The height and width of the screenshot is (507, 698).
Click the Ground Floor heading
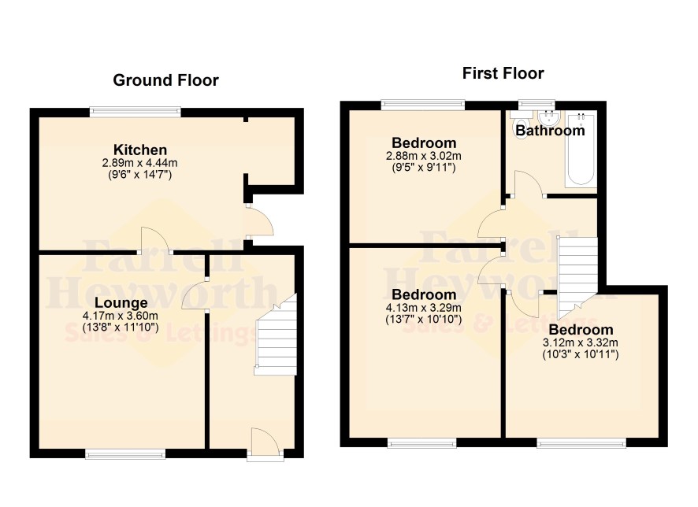pyautogui.click(x=165, y=80)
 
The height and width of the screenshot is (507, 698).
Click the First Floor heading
pyautogui.click(x=503, y=73)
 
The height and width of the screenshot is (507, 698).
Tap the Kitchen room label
pyautogui.click(x=139, y=150)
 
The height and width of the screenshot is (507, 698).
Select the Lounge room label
pyautogui.click(x=121, y=303)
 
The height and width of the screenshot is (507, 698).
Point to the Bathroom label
pyautogui.click(x=550, y=131)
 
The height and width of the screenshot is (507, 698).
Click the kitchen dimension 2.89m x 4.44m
pyautogui.click(x=139, y=163)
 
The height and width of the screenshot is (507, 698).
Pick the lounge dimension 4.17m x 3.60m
pyautogui.click(x=121, y=316)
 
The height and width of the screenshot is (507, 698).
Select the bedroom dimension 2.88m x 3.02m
pyautogui.click(x=424, y=156)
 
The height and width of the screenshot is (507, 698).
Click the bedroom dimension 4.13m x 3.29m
pyautogui.click(x=424, y=308)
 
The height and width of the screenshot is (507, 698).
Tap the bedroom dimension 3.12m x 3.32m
pyautogui.click(x=581, y=342)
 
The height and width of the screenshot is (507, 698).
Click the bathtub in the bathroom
pyautogui.click(x=580, y=149)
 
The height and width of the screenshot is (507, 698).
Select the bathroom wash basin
pyautogui.click(x=548, y=118)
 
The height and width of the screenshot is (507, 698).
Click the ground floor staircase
pyautogui.click(x=276, y=335)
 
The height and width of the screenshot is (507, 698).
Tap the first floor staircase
pyautogui.click(x=577, y=276)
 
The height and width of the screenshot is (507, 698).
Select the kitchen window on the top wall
pyautogui.click(x=136, y=112)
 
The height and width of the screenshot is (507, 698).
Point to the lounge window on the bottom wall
pyautogui.click(x=125, y=453)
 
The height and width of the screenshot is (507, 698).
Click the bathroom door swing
pyautogui.click(x=529, y=183)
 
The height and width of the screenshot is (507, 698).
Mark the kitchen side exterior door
pyautogui.click(x=259, y=220)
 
